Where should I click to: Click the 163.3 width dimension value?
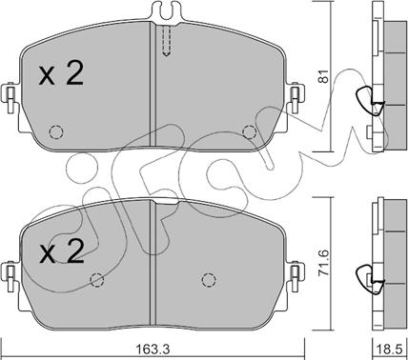pyautogui.click(x=153, y=350)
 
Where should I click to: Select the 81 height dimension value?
pyautogui.click(x=324, y=76)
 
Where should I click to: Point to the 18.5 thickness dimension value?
pyautogui.click(x=390, y=350)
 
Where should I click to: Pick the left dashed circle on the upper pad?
pyautogui.click(x=56, y=131)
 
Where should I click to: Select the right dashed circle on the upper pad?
pyautogui.click(x=249, y=131)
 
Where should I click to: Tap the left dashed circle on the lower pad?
pyautogui.click(x=97, y=279)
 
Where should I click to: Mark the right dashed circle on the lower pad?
pyautogui.click(x=209, y=280)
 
